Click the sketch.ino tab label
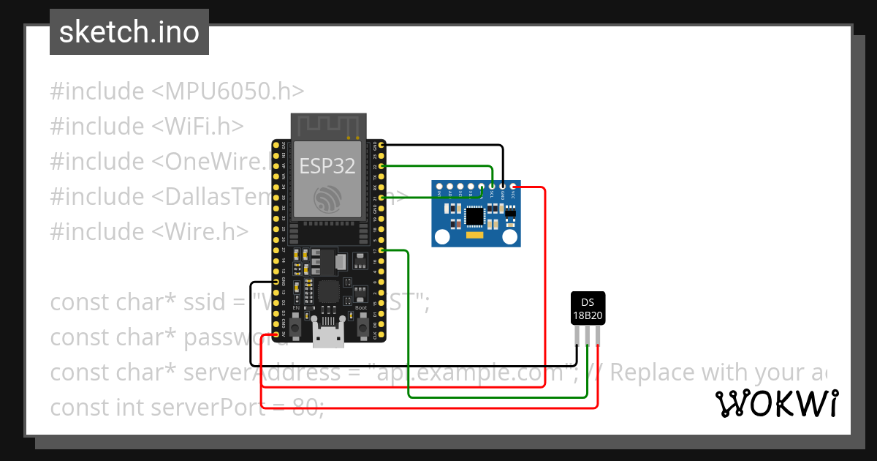(x=129, y=31)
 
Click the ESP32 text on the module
(x=327, y=166)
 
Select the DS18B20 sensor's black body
(x=588, y=307)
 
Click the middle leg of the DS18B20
(x=588, y=335)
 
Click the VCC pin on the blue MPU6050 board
(x=513, y=188)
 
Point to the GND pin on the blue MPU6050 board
(x=503, y=188)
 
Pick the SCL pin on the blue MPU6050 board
(x=492, y=188)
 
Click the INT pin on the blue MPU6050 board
(x=439, y=188)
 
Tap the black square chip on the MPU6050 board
(x=474, y=216)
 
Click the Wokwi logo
(x=776, y=404)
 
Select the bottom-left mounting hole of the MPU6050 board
(x=441, y=236)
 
